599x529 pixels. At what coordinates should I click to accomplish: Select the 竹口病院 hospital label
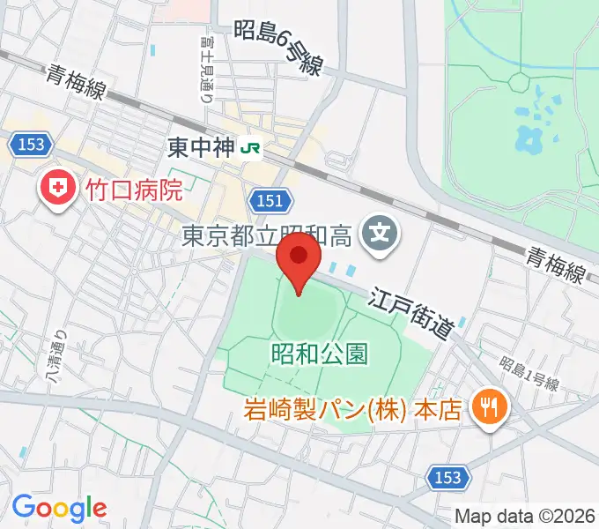pyautogui.click(x=133, y=189)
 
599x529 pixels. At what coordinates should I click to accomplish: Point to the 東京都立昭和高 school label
pyautogui.click(x=267, y=235)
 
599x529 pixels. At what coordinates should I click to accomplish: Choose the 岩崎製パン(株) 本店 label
pyautogui.click(x=352, y=411)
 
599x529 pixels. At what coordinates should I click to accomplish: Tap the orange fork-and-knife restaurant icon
pyautogui.click(x=487, y=406)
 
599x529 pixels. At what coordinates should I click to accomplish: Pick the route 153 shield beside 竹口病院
pyautogui.click(x=29, y=144)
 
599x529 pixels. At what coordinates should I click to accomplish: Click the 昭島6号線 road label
pyautogui.click(x=279, y=48)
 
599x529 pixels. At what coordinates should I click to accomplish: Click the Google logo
pyautogui.click(x=59, y=508)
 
